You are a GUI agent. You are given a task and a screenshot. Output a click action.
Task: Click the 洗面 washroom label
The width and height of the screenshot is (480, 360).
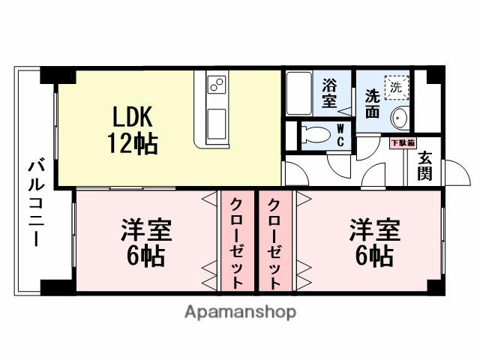point(373,102)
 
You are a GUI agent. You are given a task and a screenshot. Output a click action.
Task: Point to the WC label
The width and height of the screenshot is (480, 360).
point(340,135)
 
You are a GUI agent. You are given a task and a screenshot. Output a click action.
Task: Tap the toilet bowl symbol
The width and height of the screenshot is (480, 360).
point(315,136)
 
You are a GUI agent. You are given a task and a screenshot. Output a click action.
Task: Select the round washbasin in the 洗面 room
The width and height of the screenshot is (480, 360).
point(399,118)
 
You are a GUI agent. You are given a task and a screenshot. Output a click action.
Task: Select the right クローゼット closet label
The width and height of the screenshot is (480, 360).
point(275,242)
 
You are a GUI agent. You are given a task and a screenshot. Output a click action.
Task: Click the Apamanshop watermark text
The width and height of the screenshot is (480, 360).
point(240,311)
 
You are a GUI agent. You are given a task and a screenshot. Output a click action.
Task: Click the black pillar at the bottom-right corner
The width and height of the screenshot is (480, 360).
point(436,287)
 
